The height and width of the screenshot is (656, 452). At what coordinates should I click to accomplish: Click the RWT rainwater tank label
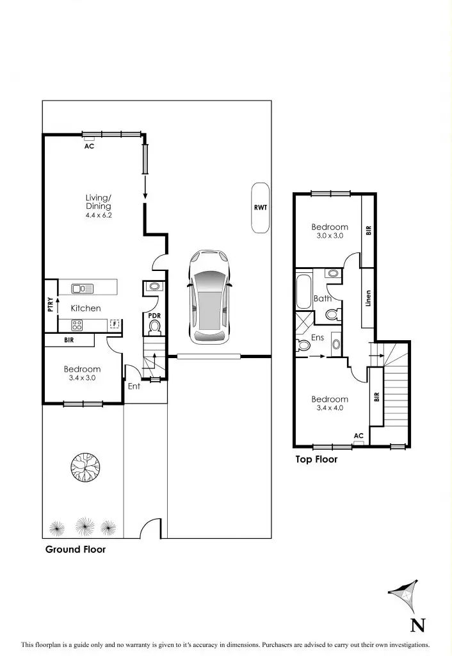click(x=261, y=208)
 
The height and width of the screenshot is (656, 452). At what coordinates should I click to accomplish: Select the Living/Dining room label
click(x=98, y=202)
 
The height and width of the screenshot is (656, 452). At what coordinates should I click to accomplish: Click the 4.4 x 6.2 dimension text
click(x=98, y=217)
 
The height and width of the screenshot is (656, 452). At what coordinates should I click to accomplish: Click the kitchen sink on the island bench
click(x=83, y=288)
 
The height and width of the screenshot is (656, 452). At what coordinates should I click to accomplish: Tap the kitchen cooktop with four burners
click(x=77, y=324)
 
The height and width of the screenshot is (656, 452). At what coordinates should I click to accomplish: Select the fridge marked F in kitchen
click(x=115, y=324)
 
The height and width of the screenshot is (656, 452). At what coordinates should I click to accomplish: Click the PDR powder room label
click(x=154, y=316)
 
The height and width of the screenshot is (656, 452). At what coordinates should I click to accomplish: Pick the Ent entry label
click(x=134, y=386)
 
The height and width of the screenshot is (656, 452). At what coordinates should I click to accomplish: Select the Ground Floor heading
click(x=76, y=549)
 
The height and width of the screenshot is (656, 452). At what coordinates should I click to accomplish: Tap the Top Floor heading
click(x=316, y=459)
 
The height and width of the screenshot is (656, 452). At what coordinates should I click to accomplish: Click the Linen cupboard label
click(x=368, y=299)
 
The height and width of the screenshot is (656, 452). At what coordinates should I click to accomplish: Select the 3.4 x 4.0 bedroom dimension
click(x=330, y=407)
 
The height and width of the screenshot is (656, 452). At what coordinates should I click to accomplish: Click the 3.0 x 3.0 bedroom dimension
click(x=330, y=236)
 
